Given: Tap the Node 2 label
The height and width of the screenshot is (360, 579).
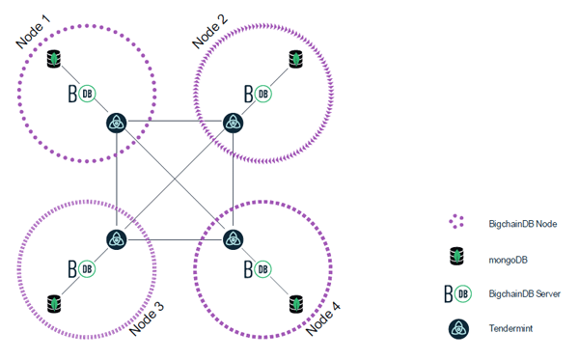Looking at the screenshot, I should [211, 30].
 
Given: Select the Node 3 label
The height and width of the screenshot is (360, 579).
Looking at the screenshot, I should [147, 316].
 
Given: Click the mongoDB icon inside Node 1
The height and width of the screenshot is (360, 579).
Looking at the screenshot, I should [55, 61].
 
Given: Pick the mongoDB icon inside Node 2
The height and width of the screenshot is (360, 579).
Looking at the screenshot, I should [296, 61].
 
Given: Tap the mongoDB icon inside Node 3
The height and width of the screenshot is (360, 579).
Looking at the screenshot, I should [55, 302].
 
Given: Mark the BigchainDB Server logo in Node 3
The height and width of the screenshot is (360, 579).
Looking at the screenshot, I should [81, 267].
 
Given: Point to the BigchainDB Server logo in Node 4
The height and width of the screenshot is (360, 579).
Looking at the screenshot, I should [258, 267].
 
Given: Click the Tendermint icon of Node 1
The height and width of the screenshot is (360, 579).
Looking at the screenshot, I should [117, 123].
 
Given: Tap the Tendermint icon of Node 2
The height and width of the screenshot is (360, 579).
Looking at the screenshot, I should [233, 123].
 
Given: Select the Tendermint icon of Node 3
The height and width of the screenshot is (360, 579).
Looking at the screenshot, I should [117, 239].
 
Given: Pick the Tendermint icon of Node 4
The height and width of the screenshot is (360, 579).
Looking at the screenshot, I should [233, 239].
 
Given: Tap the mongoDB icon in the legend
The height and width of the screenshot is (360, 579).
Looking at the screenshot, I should [457, 258].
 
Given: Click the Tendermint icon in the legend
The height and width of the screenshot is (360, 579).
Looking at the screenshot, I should [457, 328].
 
